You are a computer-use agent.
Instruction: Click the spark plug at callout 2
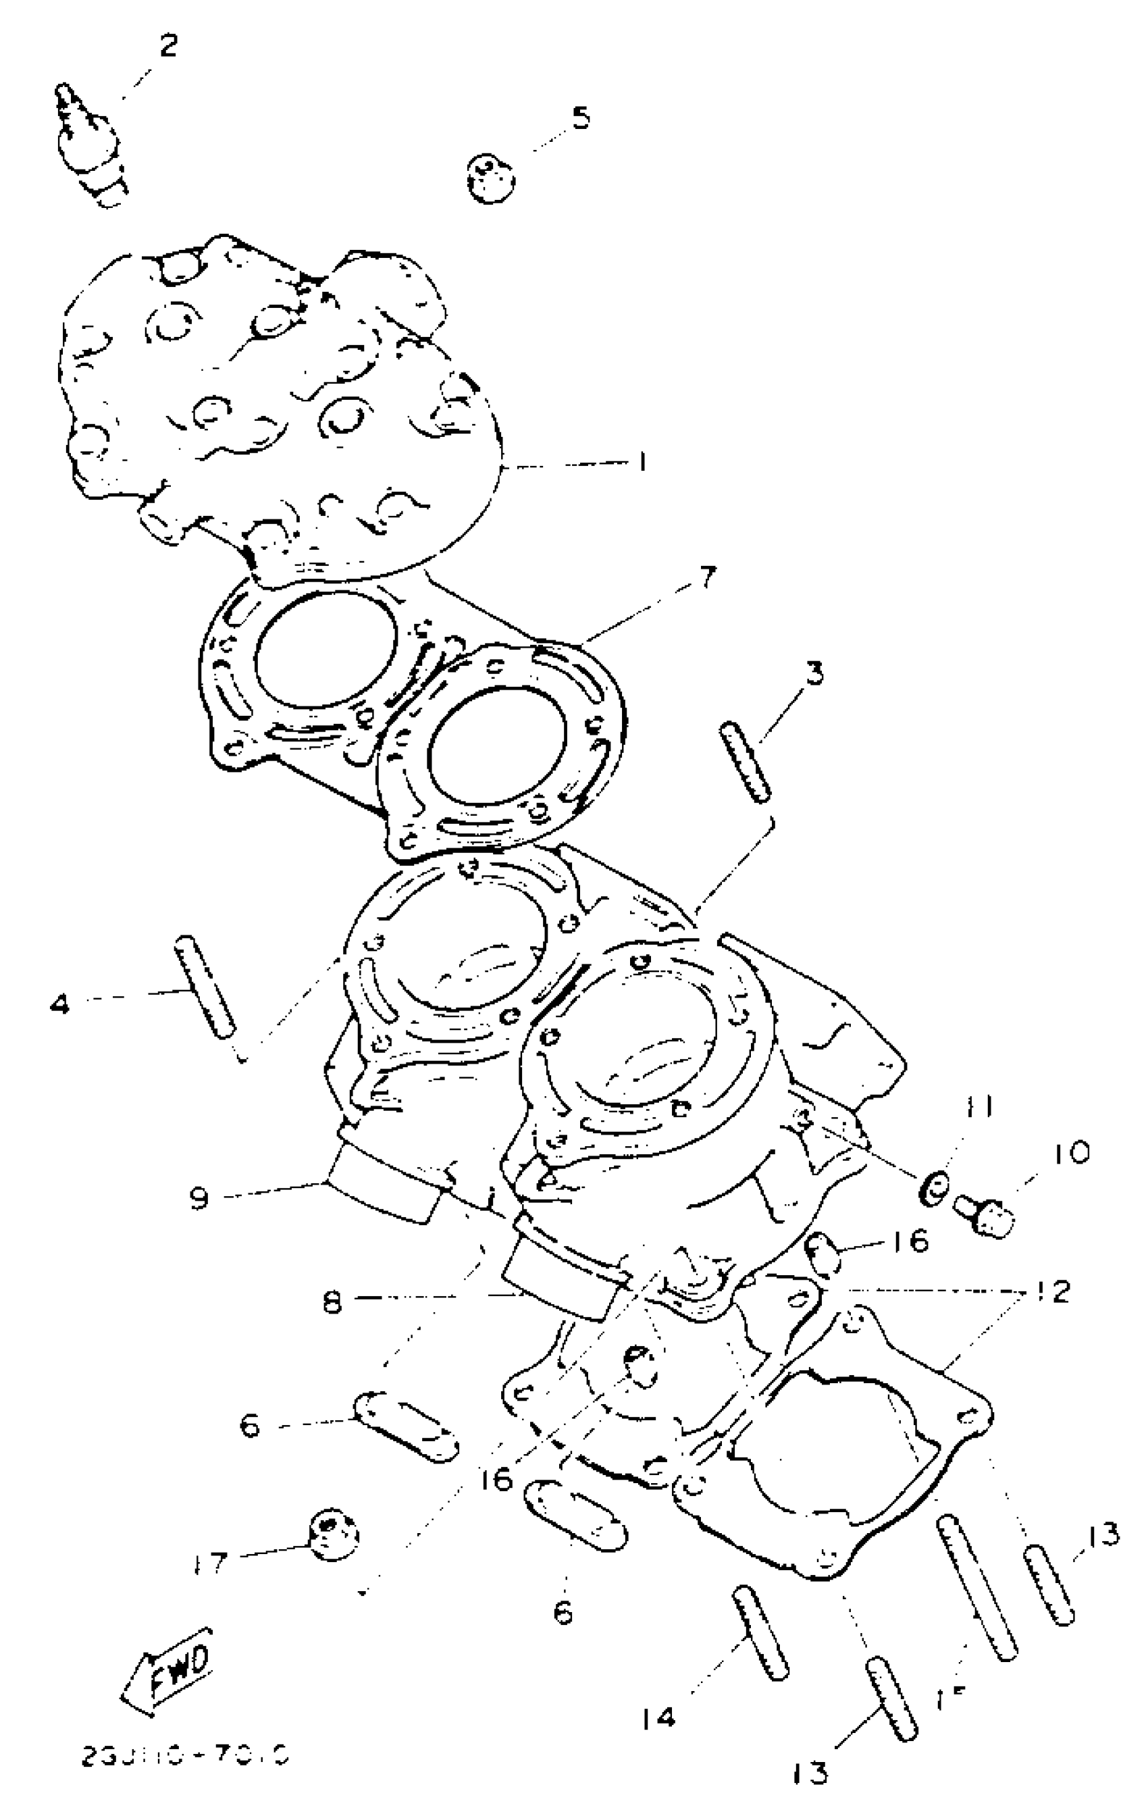[94, 147]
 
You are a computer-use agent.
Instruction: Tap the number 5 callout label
[581, 118]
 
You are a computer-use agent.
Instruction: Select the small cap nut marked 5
[490, 178]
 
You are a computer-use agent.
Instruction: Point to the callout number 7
[705, 577]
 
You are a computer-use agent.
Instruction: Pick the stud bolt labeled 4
[205, 987]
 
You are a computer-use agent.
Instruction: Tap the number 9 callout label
[199, 1198]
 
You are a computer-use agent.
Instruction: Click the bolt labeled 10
[984, 1214]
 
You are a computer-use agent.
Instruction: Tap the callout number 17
[209, 1563]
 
